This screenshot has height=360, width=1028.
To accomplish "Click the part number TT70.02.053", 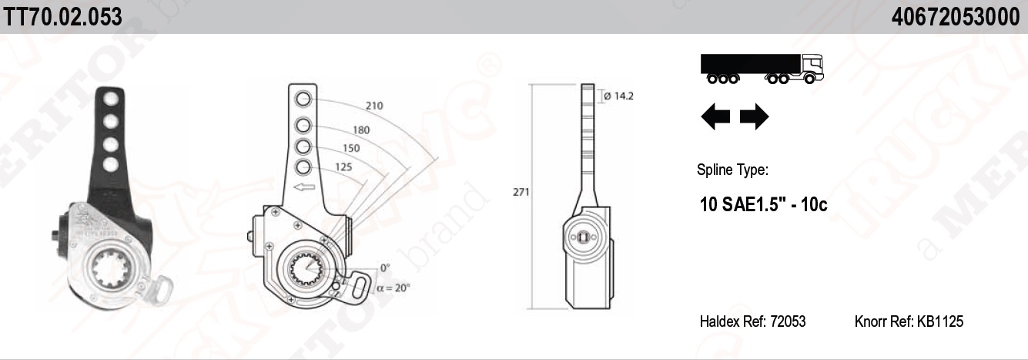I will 62,16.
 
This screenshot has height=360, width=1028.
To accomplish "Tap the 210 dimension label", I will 374,106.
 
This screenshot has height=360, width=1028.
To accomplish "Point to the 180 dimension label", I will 360,130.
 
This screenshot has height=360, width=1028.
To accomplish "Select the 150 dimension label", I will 351,148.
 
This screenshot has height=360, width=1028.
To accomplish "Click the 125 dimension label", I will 343,167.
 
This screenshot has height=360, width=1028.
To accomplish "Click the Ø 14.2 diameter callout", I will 618,96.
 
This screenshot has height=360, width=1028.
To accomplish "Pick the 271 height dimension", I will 521,193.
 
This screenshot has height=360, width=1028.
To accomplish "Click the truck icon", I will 762,68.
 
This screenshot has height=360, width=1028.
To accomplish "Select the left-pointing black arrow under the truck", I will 715,117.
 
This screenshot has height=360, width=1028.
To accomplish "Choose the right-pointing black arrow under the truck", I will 754,117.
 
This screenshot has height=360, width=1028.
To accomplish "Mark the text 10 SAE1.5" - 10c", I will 763,205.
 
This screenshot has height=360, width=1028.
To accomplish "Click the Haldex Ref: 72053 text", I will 752,321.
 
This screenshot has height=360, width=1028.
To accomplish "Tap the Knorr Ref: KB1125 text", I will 909,321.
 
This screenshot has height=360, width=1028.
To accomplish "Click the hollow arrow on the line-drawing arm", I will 303,187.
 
